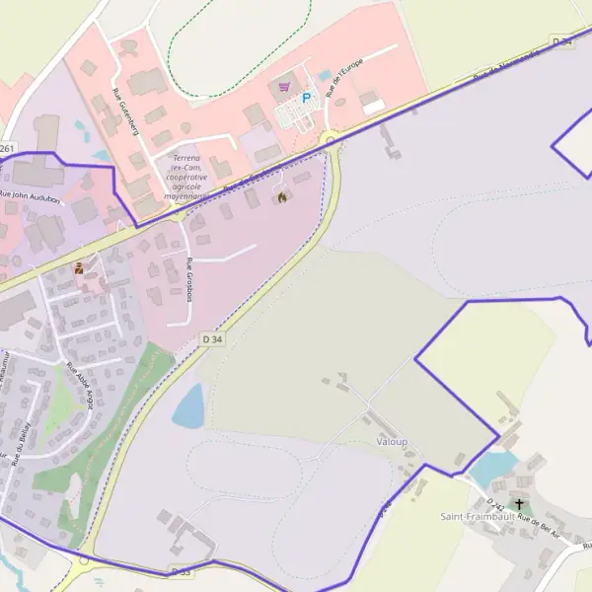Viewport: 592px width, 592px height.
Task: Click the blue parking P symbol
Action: coord(306,98)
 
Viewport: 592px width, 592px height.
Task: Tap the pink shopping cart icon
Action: coord(285,87)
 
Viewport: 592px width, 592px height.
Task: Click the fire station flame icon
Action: coord(281,196)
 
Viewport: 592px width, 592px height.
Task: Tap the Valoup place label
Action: coord(391,443)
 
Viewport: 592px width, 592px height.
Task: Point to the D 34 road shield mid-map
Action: coord(212,338)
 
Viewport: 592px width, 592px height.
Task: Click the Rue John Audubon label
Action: coord(31,197)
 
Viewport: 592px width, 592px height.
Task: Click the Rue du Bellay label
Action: coord(22,443)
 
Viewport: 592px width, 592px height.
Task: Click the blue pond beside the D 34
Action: coord(188,407)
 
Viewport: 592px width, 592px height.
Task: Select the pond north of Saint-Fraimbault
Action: coord(492,469)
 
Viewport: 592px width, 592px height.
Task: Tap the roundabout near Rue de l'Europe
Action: coord(329,139)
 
